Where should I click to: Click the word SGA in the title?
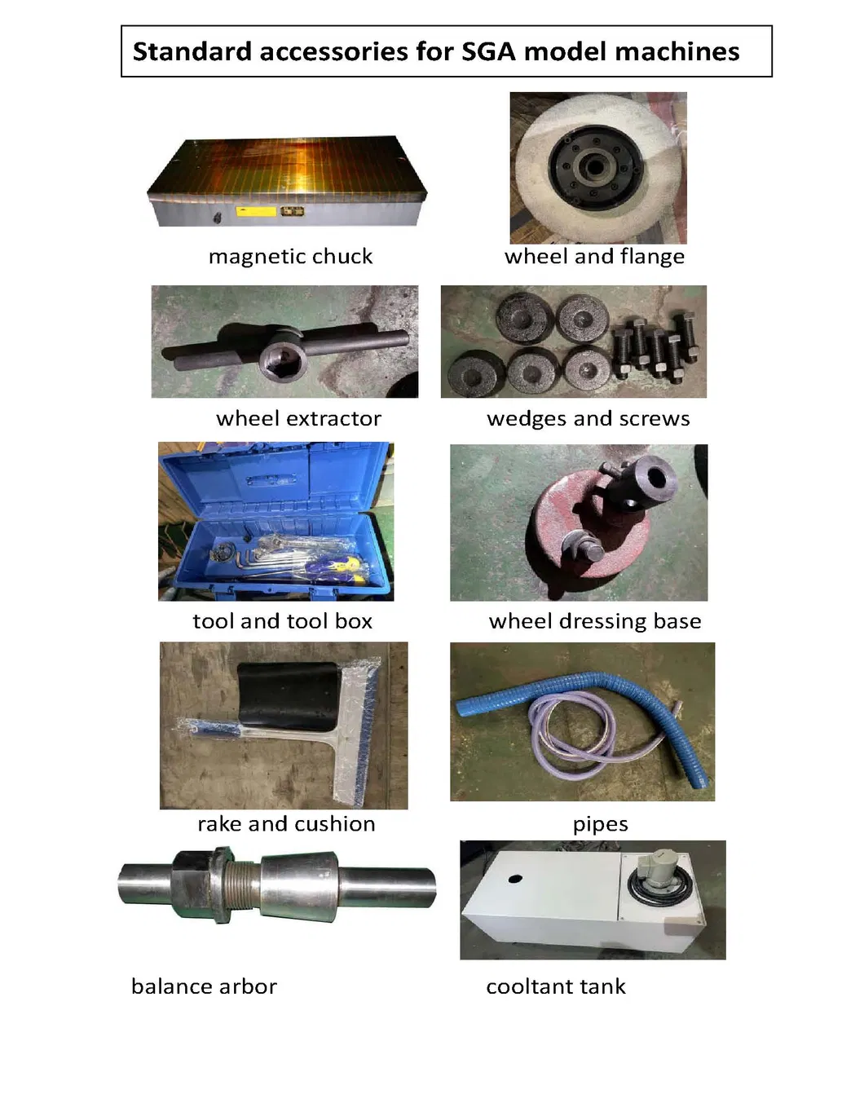click(488, 51)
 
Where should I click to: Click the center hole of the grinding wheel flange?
click(592, 165)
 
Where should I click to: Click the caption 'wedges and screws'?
click(588, 418)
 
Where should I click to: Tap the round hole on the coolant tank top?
click(515, 879)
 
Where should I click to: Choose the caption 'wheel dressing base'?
click(595, 621)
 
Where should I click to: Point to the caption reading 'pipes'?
click(600, 824)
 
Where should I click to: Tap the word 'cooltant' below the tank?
click(526, 987)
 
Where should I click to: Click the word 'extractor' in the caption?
click(334, 419)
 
